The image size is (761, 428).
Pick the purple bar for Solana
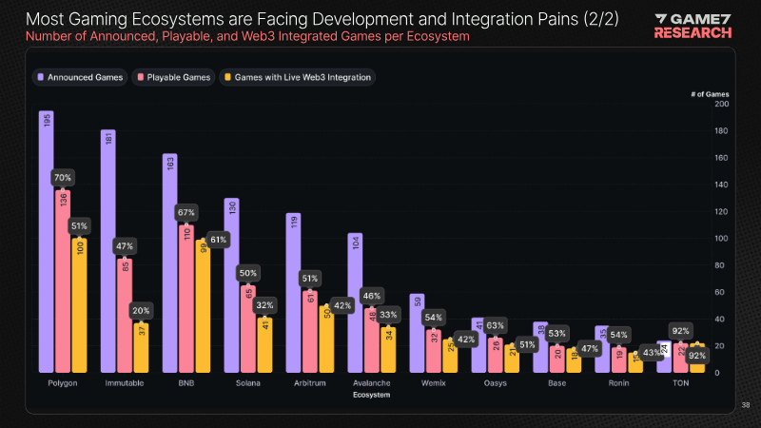[231, 285]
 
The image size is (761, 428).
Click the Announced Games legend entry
[80, 77]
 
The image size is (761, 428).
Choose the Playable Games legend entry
[174, 77]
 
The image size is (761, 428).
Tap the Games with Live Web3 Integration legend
[297, 77]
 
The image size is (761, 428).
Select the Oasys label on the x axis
[495, 383]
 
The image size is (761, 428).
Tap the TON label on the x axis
[680, 383]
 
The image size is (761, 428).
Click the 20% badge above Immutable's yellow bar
[139, 309]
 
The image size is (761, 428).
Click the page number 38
[746, 406]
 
